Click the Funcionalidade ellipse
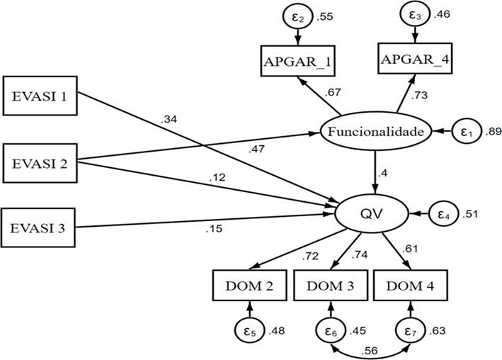pyautogui.click(x=375, y=132)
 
